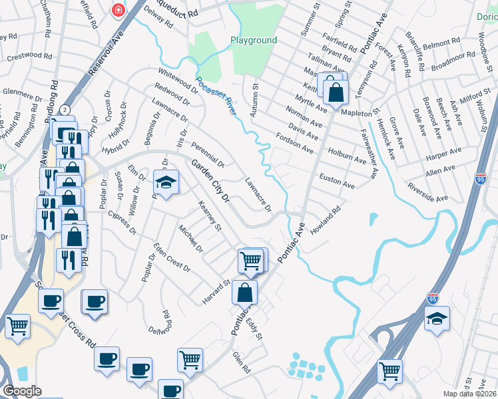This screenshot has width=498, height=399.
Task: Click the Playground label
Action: [254, 41]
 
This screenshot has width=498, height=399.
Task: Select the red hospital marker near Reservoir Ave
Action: [118, 11]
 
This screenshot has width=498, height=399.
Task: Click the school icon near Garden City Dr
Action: [166, 182]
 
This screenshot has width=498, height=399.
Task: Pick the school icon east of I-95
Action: [437, 319]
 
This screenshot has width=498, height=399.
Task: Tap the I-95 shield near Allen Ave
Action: [481, 178]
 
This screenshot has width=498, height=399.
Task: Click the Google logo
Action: [22, 391]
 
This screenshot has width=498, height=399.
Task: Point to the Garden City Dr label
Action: [210, 180]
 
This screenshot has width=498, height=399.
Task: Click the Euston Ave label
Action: [337, 182]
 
